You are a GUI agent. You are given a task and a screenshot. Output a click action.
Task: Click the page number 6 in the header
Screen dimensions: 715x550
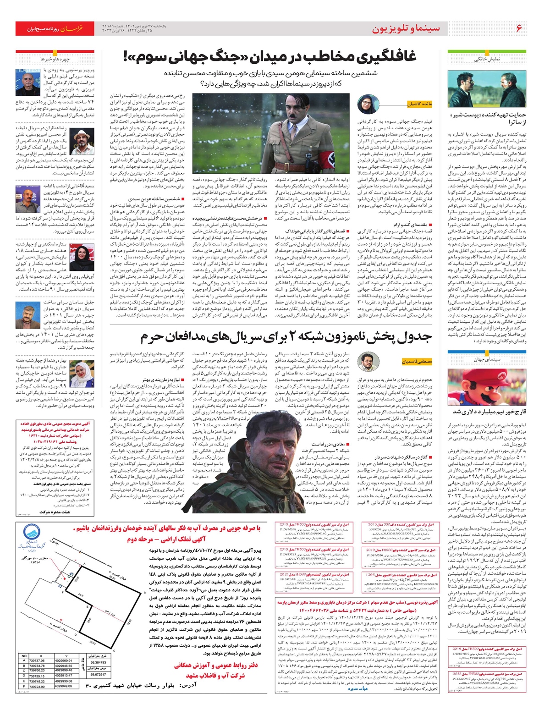click(x=518, y=28)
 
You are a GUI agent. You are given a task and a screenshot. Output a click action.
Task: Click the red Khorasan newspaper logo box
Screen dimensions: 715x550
click(x=55, y=28)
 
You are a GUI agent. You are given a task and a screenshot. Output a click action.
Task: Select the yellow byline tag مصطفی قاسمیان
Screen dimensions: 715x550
click(x=417, y=362)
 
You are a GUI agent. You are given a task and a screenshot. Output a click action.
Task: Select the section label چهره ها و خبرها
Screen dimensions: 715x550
click(x=55, y=59)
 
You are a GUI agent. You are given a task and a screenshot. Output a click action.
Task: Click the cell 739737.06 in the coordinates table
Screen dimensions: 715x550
click(x=37, y=660)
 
